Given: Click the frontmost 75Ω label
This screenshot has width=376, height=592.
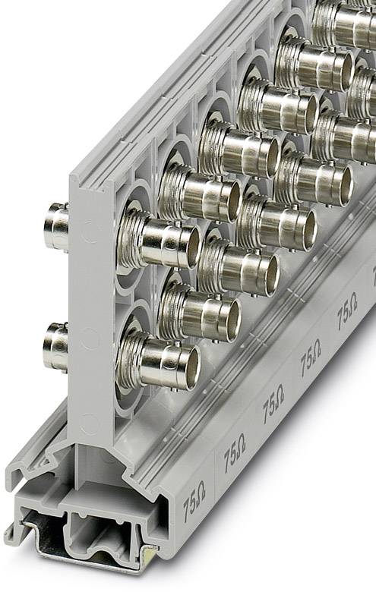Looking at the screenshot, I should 193,505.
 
